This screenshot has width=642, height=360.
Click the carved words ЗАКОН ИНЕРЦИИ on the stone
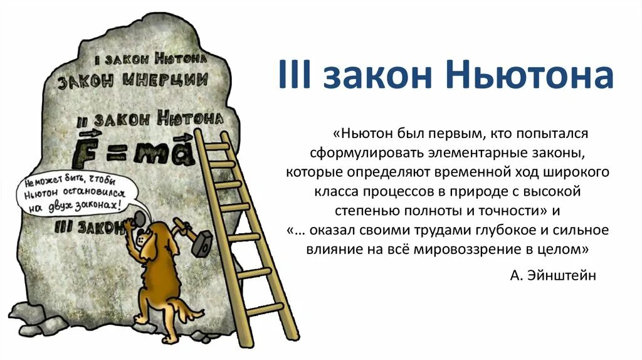tap(133, 81)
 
